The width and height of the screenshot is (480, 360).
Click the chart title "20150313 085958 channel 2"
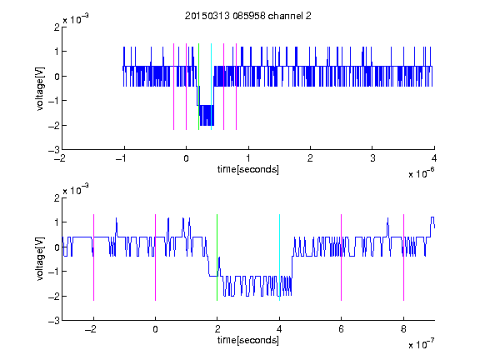248,16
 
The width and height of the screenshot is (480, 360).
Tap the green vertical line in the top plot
198,87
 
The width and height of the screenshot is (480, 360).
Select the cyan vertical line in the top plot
211,87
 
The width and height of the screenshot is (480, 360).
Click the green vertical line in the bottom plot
217,257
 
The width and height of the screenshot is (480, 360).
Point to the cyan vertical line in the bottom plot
279,257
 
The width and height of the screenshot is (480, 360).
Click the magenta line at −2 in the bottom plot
93,257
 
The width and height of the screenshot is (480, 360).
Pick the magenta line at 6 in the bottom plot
342,257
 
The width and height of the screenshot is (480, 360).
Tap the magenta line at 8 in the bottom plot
404,257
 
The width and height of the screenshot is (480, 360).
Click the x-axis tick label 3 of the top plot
372,158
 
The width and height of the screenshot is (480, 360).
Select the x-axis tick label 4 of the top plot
434,158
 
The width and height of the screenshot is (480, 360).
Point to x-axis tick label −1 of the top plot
122,158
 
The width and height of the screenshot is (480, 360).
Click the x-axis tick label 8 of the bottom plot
403,329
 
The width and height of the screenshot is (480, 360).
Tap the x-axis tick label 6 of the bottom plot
342,329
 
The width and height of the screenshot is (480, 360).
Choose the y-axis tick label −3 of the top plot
54,150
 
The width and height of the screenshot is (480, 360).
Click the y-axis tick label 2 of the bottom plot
57,197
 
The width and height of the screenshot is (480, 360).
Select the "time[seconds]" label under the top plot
248,169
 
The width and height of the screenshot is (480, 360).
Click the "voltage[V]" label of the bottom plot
40,259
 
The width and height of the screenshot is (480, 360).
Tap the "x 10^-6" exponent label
421,172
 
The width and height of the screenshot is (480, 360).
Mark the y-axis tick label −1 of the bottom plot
54,271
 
